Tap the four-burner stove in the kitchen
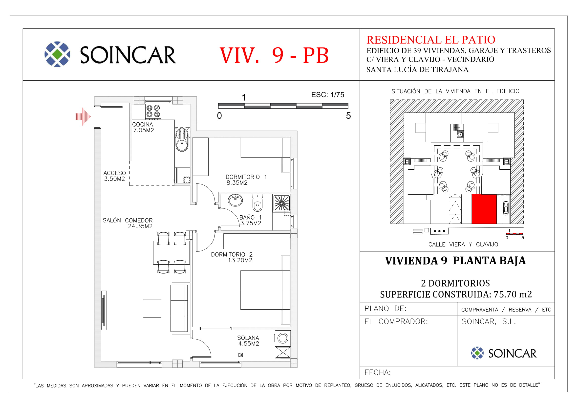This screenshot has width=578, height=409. pyautogui.click(x=153, y=111)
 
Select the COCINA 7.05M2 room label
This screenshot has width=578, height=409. pyautogui.click(x=143, y=127)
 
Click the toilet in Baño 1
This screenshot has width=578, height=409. pyautogui.click(x=257, y=203)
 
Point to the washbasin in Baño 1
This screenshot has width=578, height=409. pyautogui.click(x=235, y=200)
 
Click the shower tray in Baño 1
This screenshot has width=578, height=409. pyautogui.click(x=281, y=203)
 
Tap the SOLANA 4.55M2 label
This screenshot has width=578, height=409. pyautogui.click(x=248, y=341)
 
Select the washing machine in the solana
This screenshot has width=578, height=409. pyautogui.click(x=283, y=338)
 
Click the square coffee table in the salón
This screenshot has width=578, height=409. pyautogui.click(x=152, y=308)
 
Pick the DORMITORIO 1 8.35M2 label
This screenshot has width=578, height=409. pyautogui.click(x=246, y=180)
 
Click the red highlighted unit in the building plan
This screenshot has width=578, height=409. pyautogui.click(x=484, y=209)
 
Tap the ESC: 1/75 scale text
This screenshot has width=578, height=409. pyautogui.click(x=327, y=95)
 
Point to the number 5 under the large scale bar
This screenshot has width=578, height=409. pyautogui.click(x=348, y=115)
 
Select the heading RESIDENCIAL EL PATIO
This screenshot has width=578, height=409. pyautogui.click(x=431, y=40)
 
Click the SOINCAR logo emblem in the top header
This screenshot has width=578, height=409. pyautogui.click(x=57, y=54)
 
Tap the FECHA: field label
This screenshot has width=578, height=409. pyautogui.click(x=378, y=372)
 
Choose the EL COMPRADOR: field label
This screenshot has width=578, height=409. pyautogui.click(x=396, y=322)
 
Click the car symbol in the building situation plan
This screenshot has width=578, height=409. pyautogui.click(x=506, y=208)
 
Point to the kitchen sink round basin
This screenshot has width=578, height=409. pyautogui.click(x=182, y=145)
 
